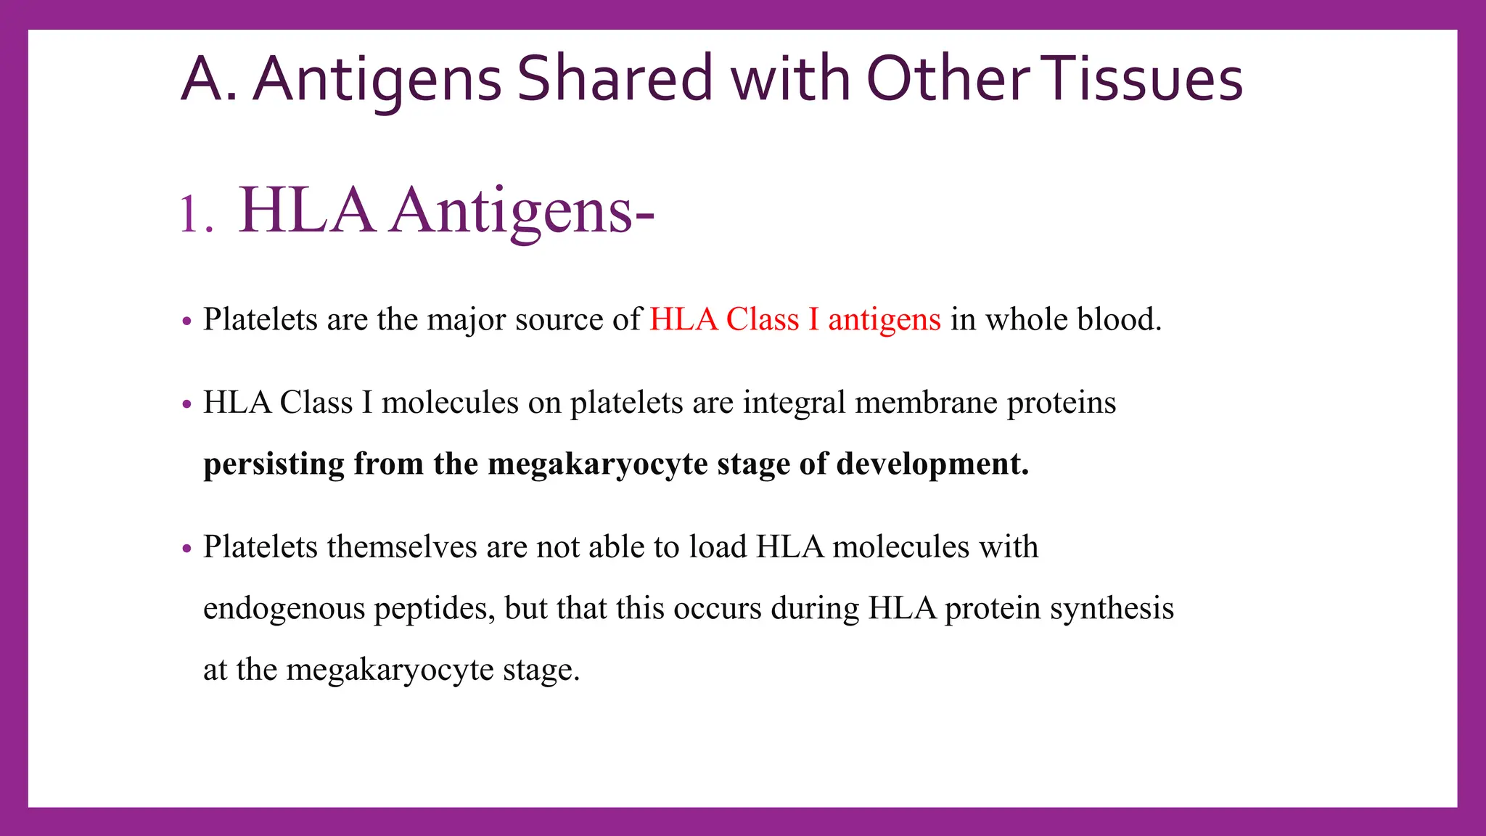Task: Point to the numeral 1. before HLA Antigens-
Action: coord(195,215)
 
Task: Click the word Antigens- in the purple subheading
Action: coord(521,211)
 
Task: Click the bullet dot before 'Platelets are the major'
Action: coord(187,320)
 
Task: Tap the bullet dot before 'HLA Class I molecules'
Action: coord(187,403)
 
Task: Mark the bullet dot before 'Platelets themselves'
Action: coord(187,548)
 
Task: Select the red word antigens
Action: coord(884,320)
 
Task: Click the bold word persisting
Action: coord(274,464)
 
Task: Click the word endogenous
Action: coord(284,609)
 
